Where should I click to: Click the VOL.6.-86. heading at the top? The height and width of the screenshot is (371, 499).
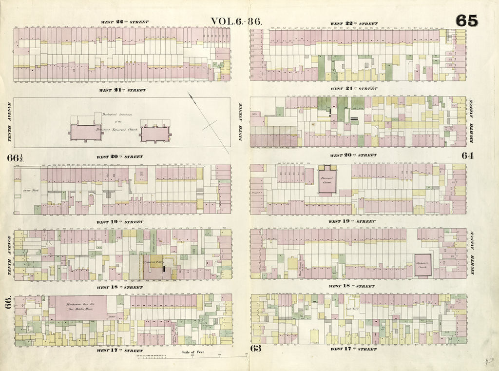point(236,21)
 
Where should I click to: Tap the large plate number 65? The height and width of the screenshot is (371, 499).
point(467,20)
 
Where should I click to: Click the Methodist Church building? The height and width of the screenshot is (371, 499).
point(422,265)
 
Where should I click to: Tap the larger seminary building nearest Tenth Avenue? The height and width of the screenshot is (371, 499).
point(86,133)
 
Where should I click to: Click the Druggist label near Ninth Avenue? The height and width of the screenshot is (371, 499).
point(258,193)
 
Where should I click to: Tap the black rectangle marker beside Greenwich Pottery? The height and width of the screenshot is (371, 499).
point(165,269)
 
